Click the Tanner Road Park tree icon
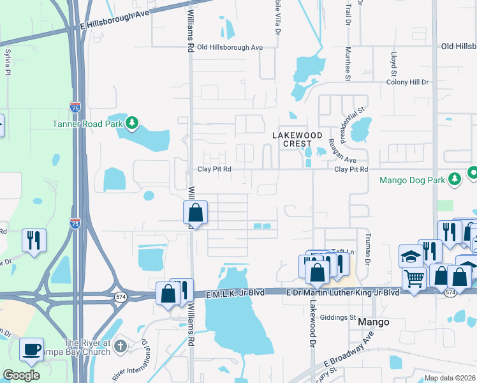point(132,123)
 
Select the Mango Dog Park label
point(411,180)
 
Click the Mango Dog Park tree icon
point(455,179)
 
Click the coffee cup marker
point(31,350)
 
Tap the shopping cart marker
point(414,278)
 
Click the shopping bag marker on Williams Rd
point(196,214)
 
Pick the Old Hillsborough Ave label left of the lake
point(230,47)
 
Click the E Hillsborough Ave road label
point(114,25)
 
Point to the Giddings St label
point(338,317)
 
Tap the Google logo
point(21,375)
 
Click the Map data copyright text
point(449,378)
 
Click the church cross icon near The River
point(121,346)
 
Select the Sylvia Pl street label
point(8,63)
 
